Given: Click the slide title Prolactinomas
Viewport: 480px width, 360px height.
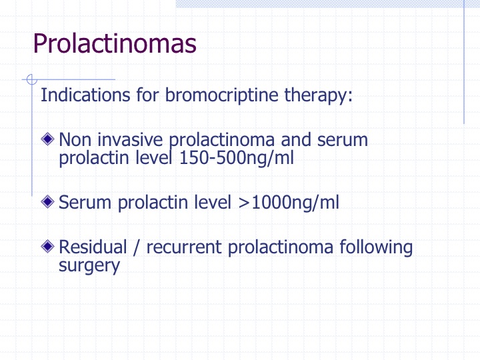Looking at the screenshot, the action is pos(115,43).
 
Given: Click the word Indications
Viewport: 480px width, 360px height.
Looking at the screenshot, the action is pos(85,95).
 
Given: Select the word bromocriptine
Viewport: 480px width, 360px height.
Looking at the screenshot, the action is pos(221,95).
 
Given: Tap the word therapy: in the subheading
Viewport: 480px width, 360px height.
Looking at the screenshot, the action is pos(319,95).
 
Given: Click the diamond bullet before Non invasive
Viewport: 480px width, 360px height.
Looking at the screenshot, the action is pos(47,139).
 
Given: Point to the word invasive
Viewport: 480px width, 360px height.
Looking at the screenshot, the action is pos(130,139).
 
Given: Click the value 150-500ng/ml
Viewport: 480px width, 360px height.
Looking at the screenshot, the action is pos(236,158).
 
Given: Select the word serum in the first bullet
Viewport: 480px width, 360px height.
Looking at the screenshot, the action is pos(342,140).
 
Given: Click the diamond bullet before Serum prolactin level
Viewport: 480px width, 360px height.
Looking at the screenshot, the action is pos(47,201).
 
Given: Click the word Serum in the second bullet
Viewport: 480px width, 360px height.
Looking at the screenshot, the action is pos(85,203).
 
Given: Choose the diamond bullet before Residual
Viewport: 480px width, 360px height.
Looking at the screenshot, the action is pos(47,246).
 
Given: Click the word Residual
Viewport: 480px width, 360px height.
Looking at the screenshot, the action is pos(93,247).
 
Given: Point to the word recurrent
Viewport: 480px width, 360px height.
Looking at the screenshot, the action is pos(184,247).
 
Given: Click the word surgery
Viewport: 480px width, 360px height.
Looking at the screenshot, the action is pos(89,266).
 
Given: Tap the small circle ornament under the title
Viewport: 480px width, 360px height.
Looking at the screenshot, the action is pos(31,79).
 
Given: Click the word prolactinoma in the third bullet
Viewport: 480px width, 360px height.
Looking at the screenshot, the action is pos(281,247).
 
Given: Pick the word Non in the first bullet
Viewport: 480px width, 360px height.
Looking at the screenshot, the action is pos(75,139).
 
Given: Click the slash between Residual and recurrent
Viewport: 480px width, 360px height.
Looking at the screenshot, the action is pos(137,247).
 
